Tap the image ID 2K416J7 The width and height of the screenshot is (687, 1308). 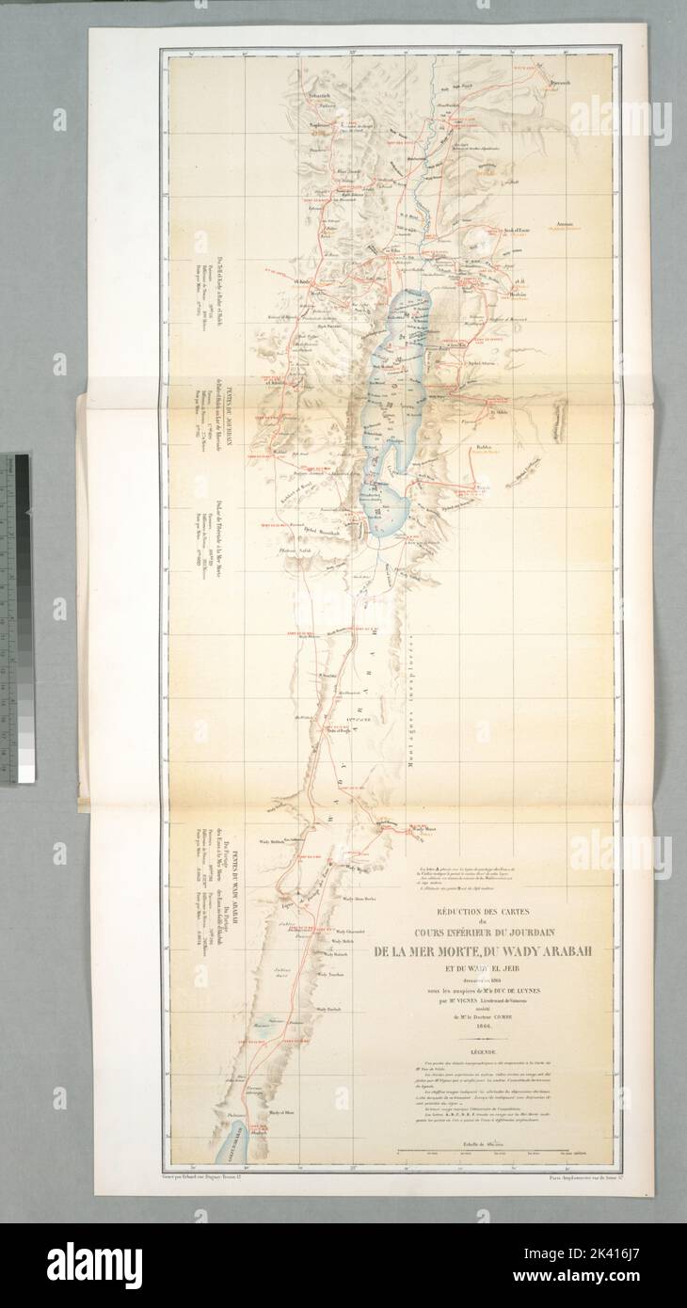point(623,1281)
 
